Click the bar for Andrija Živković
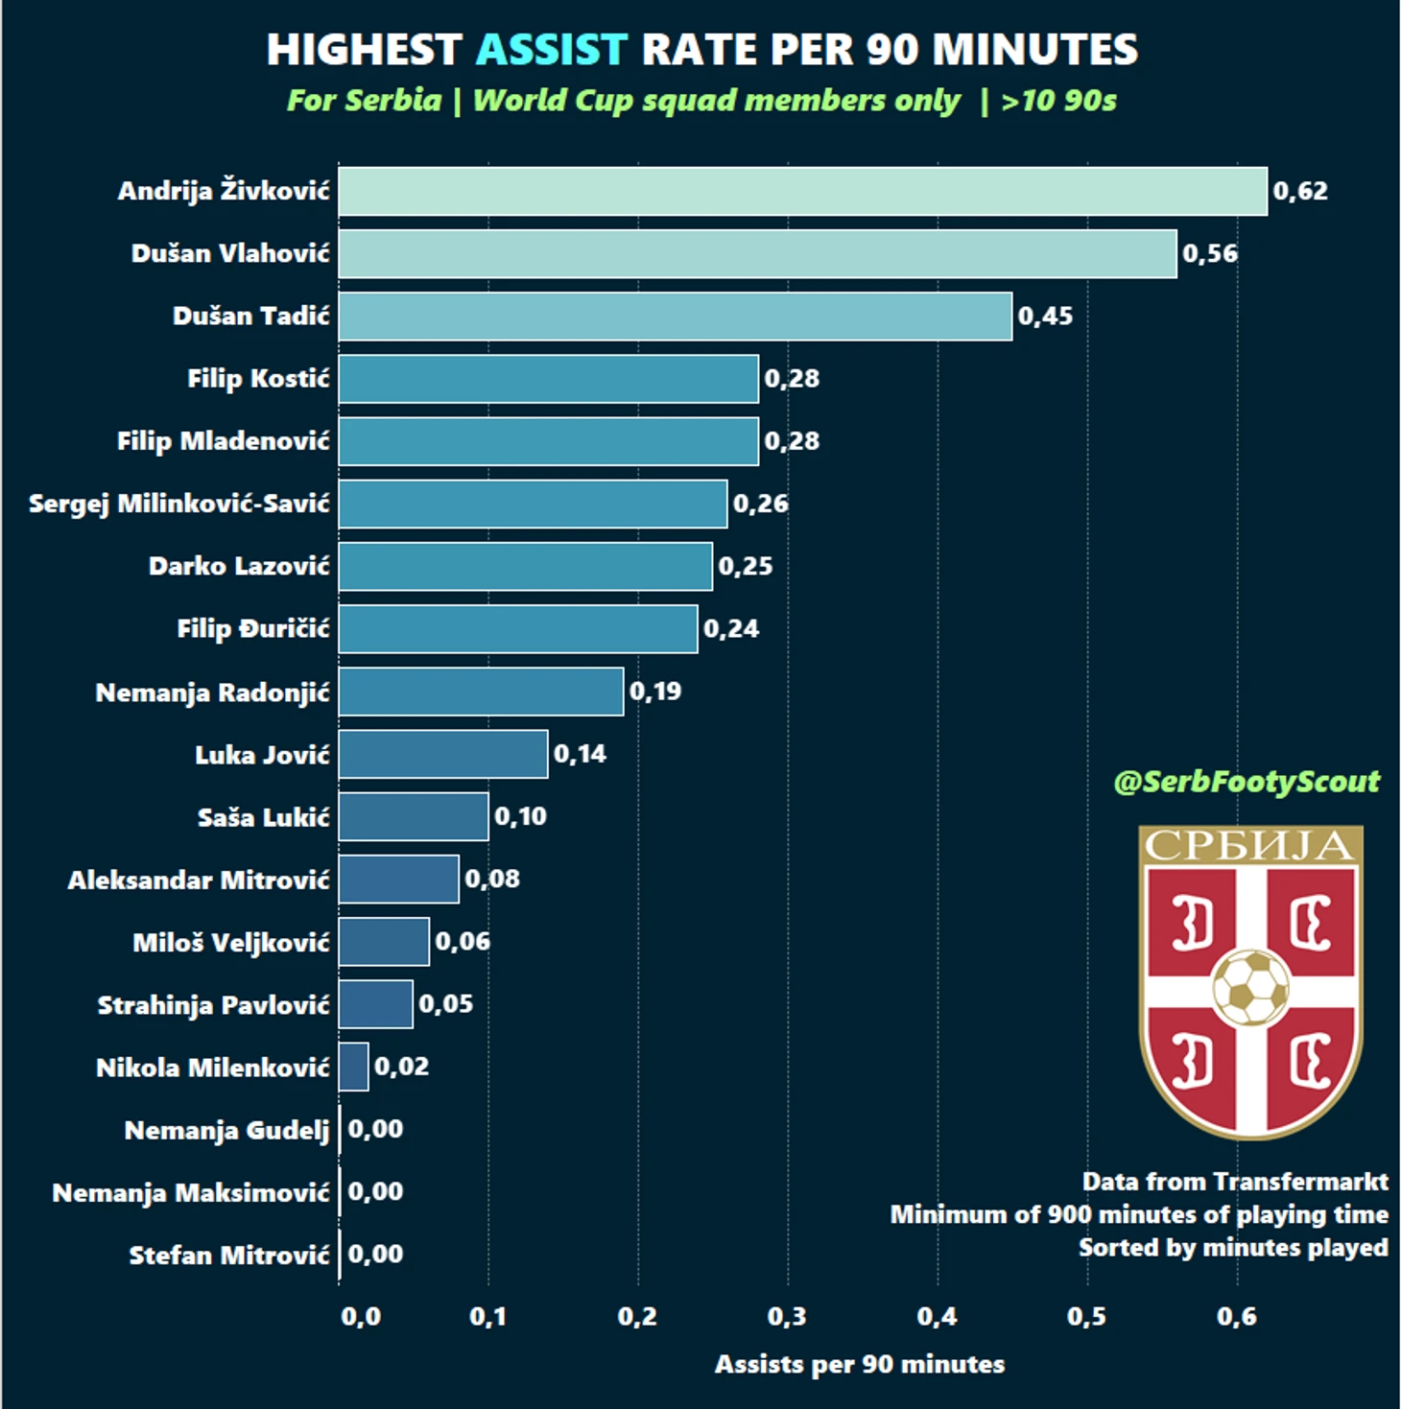coord(802,191)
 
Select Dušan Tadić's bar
coord(675,317)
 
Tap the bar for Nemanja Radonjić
coord(481,692)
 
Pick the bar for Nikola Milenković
coord(353,1067)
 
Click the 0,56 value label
coord(1209,254)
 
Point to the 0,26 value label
coord(760,504)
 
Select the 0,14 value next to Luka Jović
coord(580,754)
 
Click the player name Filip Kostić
coord(258,379)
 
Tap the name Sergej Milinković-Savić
coord(179,504)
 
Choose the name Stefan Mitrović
coord(229,1255)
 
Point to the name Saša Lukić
coord(263,817)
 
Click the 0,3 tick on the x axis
coord(787,1317)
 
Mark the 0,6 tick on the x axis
coord(1236,1317)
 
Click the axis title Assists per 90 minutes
coord(860,1364)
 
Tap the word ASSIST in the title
coord(552,50)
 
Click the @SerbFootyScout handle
coord(1247,782)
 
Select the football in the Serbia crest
coord(1250,986)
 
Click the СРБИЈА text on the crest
coord(1249,846)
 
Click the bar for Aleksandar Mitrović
coord(398,880)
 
